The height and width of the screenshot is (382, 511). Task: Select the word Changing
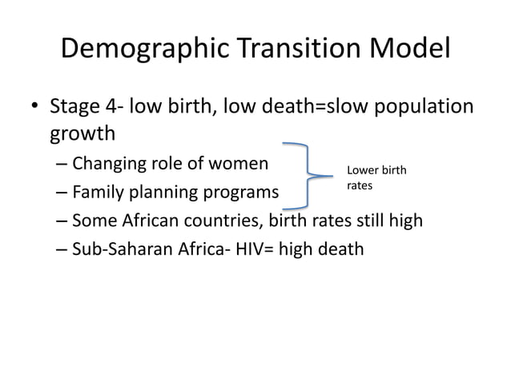(108, 165)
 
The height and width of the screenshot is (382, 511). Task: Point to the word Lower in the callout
(361, 170)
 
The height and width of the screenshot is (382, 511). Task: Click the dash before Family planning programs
(62, 193)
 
